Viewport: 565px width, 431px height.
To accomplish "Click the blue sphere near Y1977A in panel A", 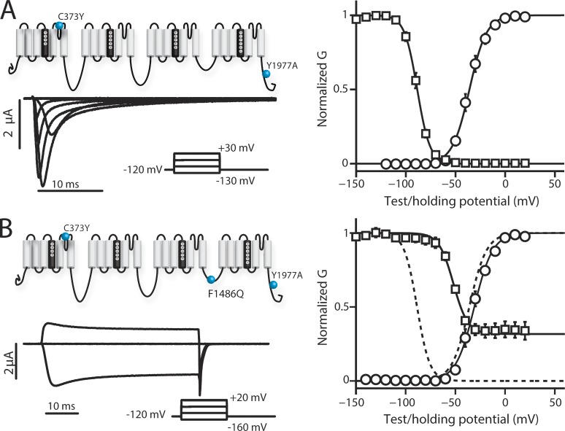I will (x=267, y=74).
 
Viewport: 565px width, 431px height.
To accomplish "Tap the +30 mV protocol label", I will (x=232, y=147).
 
